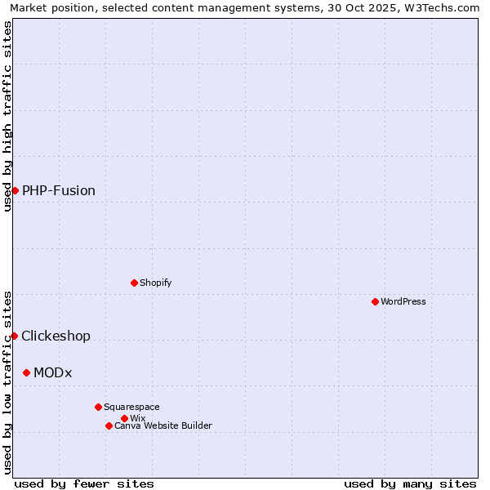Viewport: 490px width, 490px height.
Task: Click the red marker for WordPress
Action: click(x=375, y=301)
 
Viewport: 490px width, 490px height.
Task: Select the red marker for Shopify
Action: click(x=134, y=283)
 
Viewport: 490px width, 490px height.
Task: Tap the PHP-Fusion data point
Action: click(x=15, y=190)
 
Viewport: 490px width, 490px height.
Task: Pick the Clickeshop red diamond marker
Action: click(x=14, y=336)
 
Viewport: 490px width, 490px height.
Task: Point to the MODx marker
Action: click(x=26, y=372)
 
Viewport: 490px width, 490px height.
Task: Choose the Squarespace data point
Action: click(x=98, y=407)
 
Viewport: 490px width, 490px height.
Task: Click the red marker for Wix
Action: click(x=124, y=418)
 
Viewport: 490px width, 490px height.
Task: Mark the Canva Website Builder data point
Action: click(x=109, y=425)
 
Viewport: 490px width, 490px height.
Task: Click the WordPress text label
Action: click(x=403, y=301)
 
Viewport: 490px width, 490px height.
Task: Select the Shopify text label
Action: click(x=155, y=283)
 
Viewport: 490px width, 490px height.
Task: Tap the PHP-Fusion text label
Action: click(x=59, y=190)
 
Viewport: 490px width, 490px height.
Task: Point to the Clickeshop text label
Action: click(x=56, y=336)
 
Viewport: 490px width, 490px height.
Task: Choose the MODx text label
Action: click(x=53, y=372)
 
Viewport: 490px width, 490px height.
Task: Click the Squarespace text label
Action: click(x=131, y=407)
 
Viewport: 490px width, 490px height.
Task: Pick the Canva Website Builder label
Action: click(x=163, y=425)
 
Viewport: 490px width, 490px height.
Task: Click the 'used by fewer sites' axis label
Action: click(x=84, y=483)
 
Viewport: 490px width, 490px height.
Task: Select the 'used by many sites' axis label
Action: click(x=410, y=483)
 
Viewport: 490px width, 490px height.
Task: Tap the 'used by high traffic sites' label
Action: click(x=8, y=116)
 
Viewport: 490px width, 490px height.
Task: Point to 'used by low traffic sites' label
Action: click(x=8, y=382)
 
